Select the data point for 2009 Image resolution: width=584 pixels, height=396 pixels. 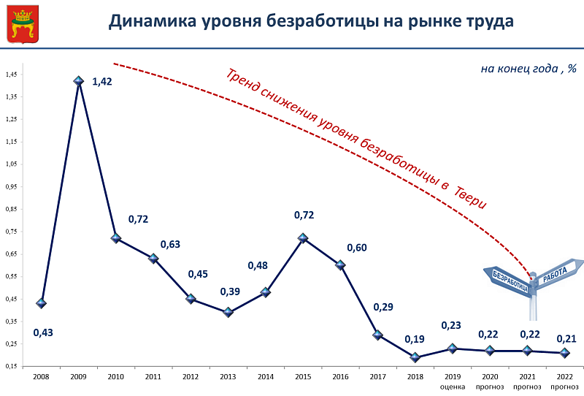click(x=79, y=80)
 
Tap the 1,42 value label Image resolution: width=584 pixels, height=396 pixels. click(x=101, y=82)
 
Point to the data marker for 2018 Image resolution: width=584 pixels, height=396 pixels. click(x=415, y=357)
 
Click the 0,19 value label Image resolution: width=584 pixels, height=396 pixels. click(x=415, y=340)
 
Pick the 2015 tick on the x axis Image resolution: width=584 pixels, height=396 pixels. click(x=303, y=377)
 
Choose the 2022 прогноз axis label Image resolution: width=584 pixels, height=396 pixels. click(x=564, y=381)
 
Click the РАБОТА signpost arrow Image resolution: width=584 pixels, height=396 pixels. click(x=558, y=273)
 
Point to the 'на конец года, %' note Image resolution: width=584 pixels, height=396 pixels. click(x=529, y=69)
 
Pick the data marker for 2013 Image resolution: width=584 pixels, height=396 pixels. click(x=228, y=312)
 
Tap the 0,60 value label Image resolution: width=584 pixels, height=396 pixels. click(x=357, y=248)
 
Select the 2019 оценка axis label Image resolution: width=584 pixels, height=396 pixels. click(x=453, y=381)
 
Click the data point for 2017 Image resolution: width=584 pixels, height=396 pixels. click(x=377, y=335)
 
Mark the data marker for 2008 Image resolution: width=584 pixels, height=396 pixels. click(x=42, y=302)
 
